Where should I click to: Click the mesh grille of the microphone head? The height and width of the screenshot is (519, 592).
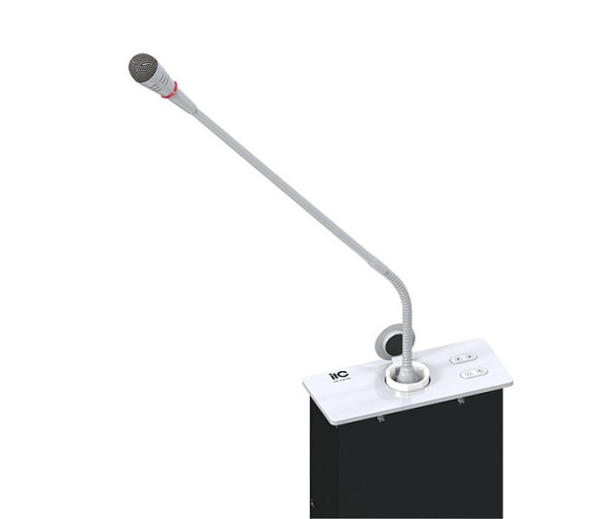(142, 67)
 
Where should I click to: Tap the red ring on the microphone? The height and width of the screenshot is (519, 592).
(172, 90)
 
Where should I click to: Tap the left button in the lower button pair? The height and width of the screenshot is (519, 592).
(466, 373)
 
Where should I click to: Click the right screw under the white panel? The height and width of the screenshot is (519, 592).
(460, 402)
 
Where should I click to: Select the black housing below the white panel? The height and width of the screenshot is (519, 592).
(414, 464)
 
